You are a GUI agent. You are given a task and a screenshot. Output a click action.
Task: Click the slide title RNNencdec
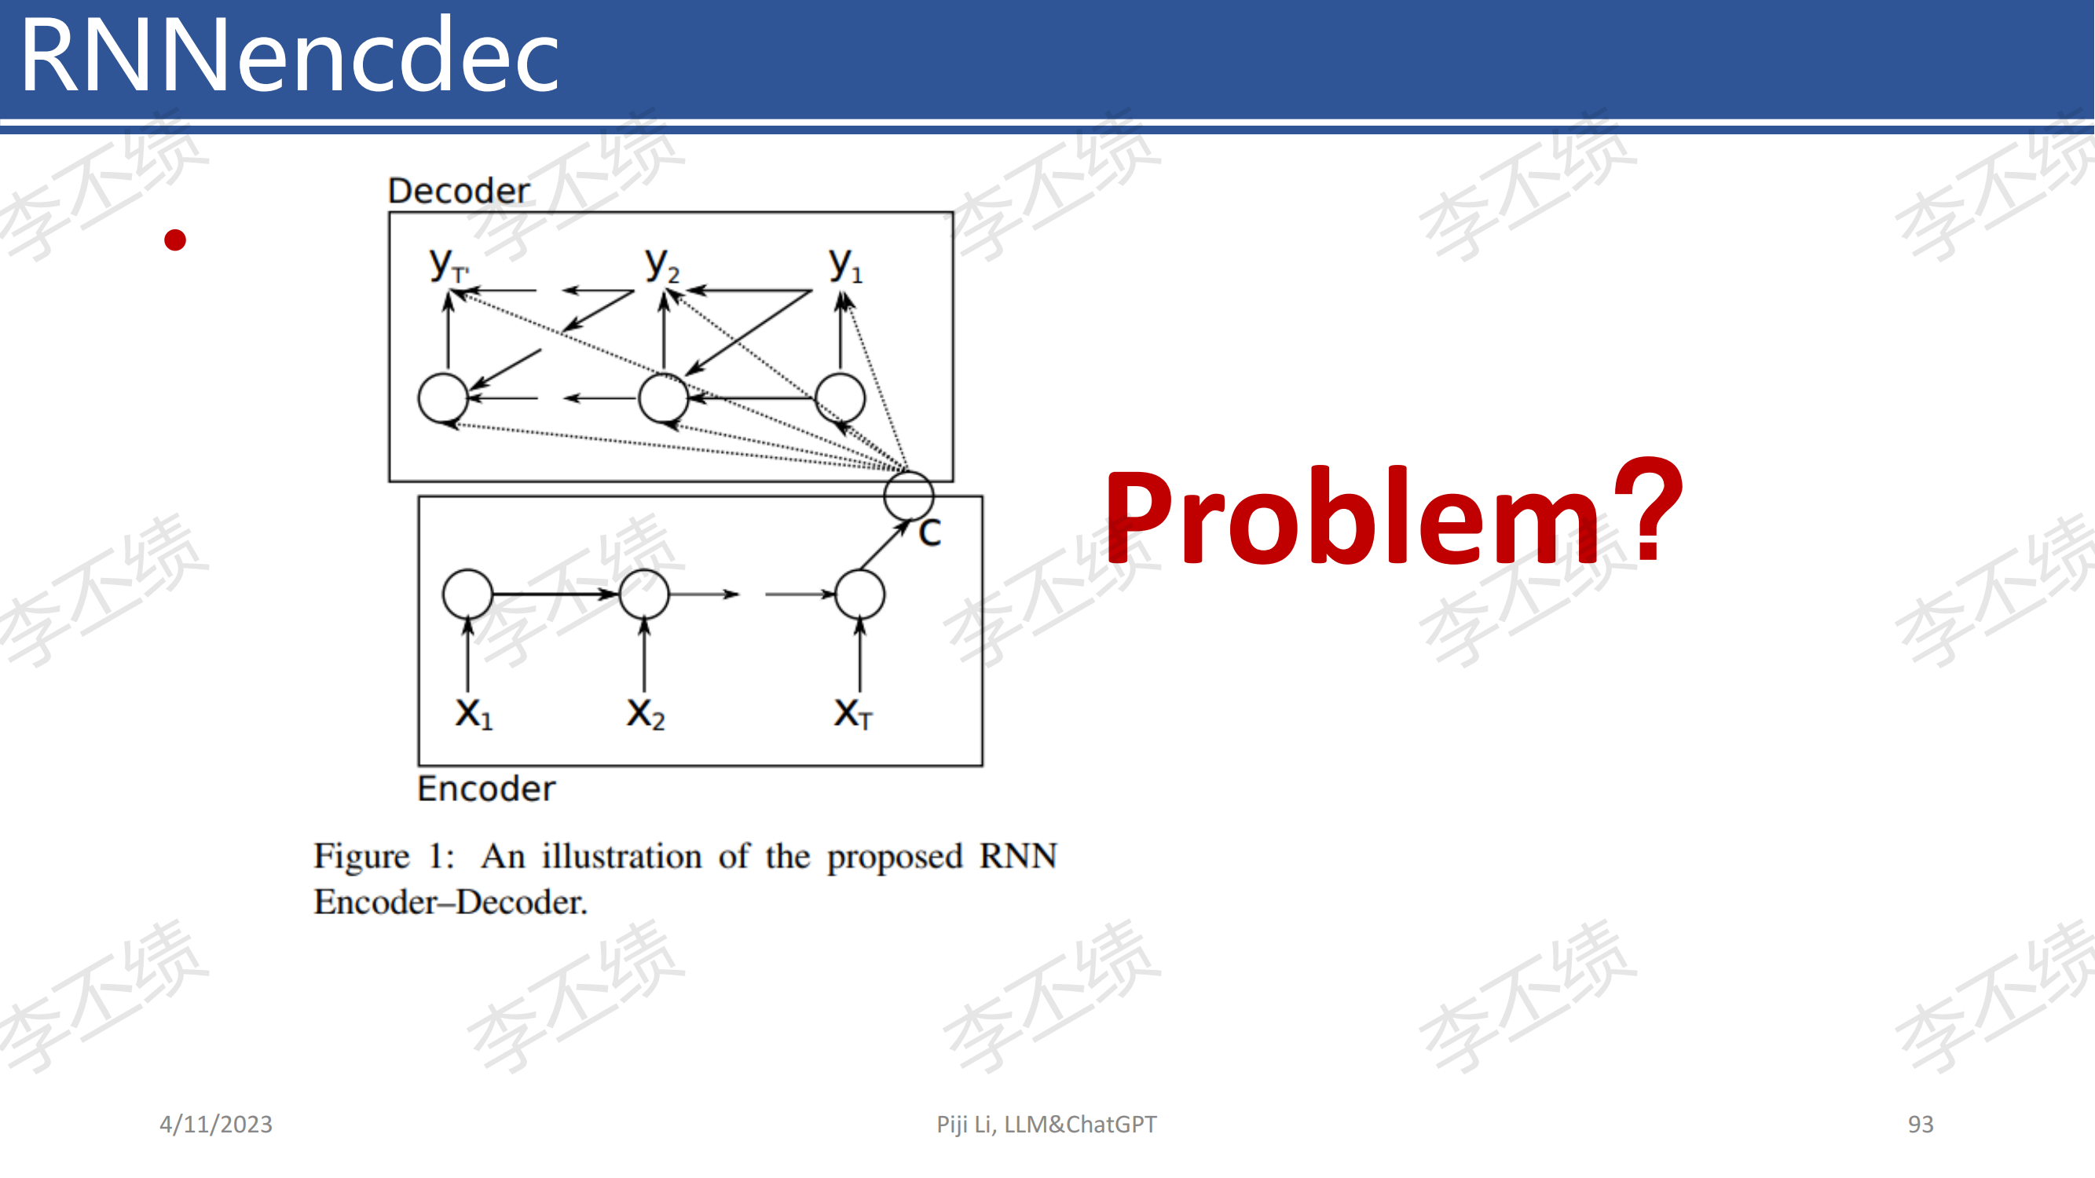click(290, 55)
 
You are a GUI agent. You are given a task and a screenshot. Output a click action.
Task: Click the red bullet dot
click(175, 240)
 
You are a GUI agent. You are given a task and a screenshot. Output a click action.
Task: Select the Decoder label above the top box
click(459, 191)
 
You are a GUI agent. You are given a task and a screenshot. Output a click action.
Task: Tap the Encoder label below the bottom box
click(486, 788)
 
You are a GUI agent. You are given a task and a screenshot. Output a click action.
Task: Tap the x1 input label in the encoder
click(474, 714)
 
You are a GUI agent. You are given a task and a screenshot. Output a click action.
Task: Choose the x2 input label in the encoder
click(646, 714)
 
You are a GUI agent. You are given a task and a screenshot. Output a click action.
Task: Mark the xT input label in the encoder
click(853, 714)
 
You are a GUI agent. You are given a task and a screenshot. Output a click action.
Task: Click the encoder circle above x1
click(444, 594)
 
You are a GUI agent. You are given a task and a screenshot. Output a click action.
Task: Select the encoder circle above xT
click(836, 594)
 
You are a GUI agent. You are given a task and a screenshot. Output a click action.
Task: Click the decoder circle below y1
click(816, 397)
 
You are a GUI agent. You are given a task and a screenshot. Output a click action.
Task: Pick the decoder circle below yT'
click(419, 397)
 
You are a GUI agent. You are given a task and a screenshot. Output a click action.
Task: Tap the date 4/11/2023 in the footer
click(215, 1125)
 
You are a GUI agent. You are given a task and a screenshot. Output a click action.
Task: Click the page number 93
click(1920, 1125)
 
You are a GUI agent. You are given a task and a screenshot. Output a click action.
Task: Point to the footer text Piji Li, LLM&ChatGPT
click(1046, 1125)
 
